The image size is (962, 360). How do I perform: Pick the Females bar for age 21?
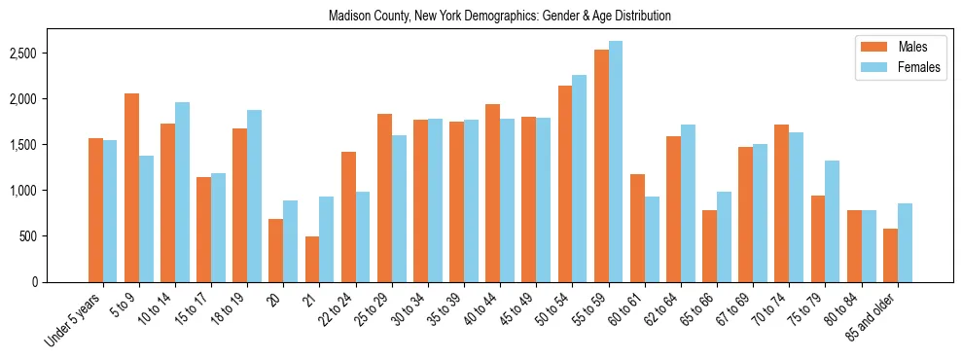coord(327,239)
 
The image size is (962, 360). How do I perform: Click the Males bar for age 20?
coord(276,250)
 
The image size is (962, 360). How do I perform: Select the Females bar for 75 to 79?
coord(832,221)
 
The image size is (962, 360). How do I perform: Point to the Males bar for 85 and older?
coord(890,255)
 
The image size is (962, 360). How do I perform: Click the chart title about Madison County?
coord(499,17)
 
